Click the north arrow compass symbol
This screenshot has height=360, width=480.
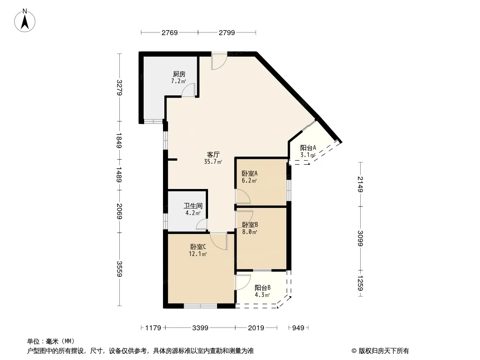point(25,20)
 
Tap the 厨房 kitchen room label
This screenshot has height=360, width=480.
point(179,74)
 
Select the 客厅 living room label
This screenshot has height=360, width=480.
point(213,154)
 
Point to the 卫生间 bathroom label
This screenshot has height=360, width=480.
point(193,206)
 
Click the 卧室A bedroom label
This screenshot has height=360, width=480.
point(249,173)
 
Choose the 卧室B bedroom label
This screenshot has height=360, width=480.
point(250,225)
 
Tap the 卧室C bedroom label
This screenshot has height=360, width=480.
point(198,247)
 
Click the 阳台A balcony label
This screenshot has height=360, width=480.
point(308,148)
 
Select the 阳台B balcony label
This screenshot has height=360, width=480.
point(263,288)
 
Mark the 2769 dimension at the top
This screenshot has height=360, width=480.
point(170,32)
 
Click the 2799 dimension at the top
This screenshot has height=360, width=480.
point(226,32)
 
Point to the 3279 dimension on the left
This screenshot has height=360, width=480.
point(119,87)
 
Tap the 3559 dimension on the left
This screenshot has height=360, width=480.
point(119,269)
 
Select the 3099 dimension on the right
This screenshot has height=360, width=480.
point(360,238)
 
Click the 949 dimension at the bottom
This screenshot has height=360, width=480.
point(298,328)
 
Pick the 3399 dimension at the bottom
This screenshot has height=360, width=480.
point(200,328)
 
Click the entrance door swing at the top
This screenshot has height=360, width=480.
point(219,61)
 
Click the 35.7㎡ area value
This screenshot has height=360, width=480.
point(213,162)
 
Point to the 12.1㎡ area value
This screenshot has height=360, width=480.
point(198,254)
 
